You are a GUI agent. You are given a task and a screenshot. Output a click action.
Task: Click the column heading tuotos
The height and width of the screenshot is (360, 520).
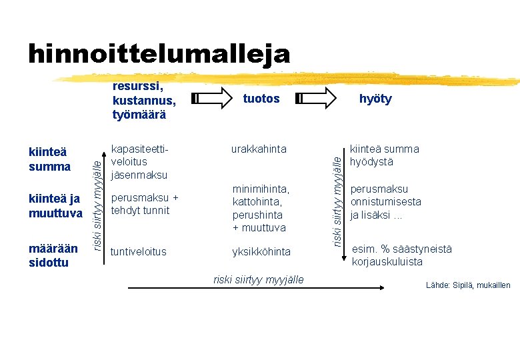click(x=261, y=99)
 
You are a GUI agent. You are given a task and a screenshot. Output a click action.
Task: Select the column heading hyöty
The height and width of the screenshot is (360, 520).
click(x=375, y=99)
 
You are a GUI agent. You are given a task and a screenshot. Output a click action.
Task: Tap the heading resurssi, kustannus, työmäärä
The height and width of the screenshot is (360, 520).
click(x=144, y=100)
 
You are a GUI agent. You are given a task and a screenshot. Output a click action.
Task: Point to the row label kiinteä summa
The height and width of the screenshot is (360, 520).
click(x=50, y=159)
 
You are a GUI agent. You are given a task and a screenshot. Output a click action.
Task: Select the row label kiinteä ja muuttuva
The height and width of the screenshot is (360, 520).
click(x=55, y=206)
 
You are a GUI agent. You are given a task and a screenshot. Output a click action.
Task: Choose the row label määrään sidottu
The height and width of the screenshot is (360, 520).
click(x=53, y=255)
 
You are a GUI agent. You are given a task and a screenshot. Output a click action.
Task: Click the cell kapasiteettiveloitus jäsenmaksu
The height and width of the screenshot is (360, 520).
click(x=139, y=162)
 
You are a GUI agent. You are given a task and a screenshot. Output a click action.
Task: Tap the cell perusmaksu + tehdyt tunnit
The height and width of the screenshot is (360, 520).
click(x=145, y=204)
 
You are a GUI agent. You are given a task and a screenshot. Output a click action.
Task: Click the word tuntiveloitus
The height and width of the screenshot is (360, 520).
click(x=139, y=251)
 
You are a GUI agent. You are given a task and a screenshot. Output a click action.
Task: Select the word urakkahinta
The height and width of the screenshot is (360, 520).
click(x=259, y=149)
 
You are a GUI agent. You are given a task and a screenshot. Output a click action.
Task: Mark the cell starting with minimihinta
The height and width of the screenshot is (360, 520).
click(x=259, y=209)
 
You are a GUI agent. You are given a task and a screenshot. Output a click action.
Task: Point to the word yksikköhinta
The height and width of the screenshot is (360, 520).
click(x=261, y=251)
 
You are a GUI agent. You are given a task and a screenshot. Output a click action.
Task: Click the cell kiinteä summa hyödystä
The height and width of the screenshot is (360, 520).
click(x=384, y=155)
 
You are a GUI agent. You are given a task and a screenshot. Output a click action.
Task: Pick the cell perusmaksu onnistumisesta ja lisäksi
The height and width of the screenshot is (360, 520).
click(x=385, y=202)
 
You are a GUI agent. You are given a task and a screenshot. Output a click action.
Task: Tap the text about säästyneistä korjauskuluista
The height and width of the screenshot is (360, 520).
click(x=401, y=255)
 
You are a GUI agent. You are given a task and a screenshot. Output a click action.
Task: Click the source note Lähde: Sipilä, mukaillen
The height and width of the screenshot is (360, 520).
click(x=468, y=285)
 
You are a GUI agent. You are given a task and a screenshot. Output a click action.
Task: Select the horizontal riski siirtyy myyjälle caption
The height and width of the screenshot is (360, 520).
click(x=258, y=279)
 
